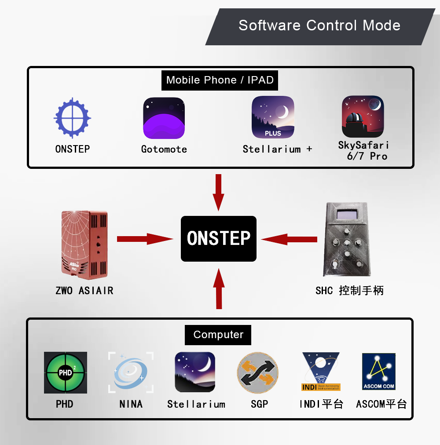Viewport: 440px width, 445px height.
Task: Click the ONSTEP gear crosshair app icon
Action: click(72, 117)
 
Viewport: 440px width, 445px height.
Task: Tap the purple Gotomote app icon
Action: click(164, 118)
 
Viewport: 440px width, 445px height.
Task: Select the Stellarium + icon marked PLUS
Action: click(273, 117)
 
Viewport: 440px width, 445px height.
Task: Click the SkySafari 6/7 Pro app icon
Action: click(363, 117)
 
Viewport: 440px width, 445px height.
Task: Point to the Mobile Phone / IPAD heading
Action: click(220, 80)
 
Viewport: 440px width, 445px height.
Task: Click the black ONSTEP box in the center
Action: click(219, 238)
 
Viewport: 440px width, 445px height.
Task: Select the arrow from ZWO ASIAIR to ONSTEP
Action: click(145, 239)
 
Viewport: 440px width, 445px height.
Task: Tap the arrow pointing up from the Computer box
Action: click(219, 289)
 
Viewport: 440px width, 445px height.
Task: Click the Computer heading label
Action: click(218, 335)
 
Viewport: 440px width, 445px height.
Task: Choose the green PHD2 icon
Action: click(66, 372)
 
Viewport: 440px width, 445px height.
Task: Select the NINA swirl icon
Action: click(131, 372)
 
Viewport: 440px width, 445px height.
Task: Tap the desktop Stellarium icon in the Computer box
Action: click(195, 372)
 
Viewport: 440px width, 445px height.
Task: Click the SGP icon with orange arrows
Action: click(258, 372)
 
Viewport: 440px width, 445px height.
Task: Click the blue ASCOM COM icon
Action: click(379, 372)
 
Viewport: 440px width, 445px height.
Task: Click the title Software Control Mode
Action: click(319, 25)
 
